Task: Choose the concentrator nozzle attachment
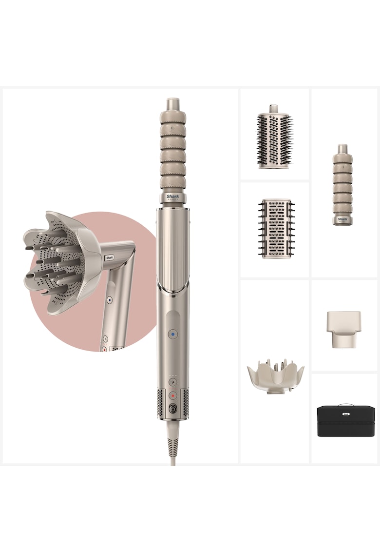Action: pyautogui.click(x=344, y=329)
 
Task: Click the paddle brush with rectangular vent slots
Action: pyautogui.click(x=276, y=228)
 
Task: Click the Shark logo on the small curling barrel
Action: pyautogui.click(x=343, y=219)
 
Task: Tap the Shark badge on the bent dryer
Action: pyautogui.click(x=109, y=258)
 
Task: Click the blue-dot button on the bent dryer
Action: pyautogui.click(x=110, y=300)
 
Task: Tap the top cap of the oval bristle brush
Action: pyautogui.click(x=274, y=109)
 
